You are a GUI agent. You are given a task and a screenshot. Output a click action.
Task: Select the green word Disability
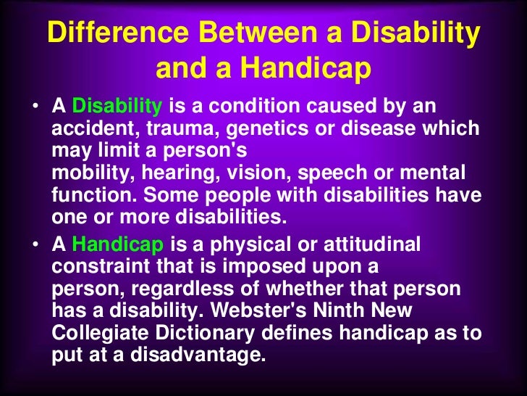pyautogui.click(x=117, y=107)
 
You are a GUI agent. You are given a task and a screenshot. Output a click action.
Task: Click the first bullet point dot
pyautogui.click(x=35, y=108)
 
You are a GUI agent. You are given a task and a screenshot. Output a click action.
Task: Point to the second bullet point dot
pyautogui.click(x=35, y=246)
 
